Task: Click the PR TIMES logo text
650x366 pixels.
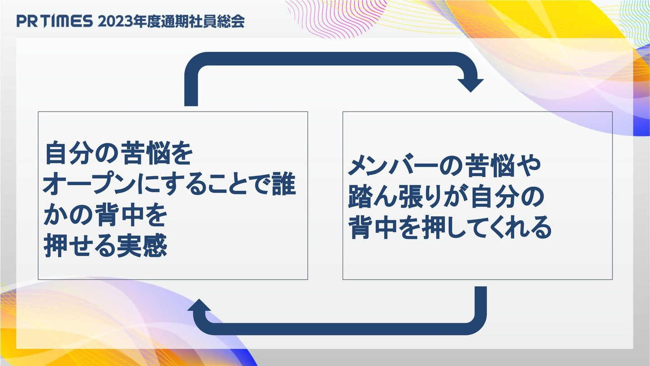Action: point(55,21)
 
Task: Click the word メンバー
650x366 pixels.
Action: point(393,166)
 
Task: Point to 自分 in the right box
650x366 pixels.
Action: point(495,197)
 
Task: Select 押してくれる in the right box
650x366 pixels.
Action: point(487,228)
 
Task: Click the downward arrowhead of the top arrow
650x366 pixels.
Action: point(470,85)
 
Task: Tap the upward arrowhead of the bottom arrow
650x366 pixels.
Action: point(199,305)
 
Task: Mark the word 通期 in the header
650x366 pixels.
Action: point(174,22)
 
